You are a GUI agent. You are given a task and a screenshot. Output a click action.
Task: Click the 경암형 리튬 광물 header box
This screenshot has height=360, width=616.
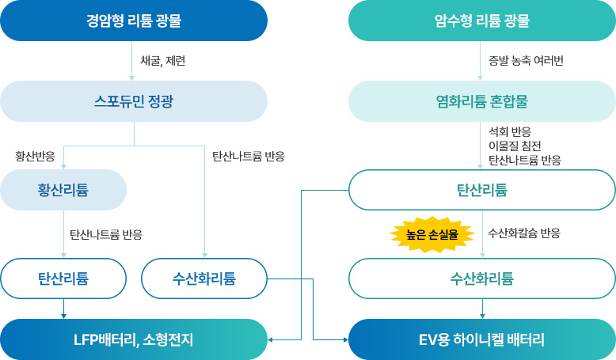pyautogui.click(x=134, y=21)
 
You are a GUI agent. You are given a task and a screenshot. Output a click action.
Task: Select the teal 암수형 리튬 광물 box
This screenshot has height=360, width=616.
pyautogui.click(x=481, y=21)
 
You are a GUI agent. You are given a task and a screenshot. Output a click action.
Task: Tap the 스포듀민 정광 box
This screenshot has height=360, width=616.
pyautogui.click(x=134, y=101)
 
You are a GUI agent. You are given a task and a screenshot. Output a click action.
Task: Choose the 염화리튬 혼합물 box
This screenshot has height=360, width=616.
pyautogui.click(x=481, y=101)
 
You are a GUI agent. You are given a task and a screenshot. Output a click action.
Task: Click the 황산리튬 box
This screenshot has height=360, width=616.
pyautogui.click(x=63, y=190)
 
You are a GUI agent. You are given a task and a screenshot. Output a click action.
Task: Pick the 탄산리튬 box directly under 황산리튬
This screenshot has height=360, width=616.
pyautogui.click(x=63, y=279)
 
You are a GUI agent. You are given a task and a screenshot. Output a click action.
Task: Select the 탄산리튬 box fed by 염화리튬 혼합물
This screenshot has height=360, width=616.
pyautogui.click(x=481, y=190)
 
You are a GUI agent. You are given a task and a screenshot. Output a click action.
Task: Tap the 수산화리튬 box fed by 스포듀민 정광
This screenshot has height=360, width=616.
pyautogui.click(x=204, y=279)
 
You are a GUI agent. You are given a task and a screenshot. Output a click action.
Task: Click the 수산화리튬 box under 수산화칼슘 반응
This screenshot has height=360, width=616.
pyautogui.click(x=481, y=279)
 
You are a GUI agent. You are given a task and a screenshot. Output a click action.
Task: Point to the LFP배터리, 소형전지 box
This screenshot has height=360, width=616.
pyautogui.click(x=134, y=339)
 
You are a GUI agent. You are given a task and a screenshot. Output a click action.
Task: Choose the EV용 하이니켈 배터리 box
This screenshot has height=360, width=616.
pyautogui.click(x=481, y=339)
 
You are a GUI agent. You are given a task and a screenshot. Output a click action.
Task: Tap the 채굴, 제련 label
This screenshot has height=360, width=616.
pyautogui.click(x=162, y=61)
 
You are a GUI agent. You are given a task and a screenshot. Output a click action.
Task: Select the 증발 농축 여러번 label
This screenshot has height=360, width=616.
pyautogui.click(x=526, y=61)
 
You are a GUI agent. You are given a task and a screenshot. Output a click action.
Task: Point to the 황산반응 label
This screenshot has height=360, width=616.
pyautogui.click(x=35, y=156)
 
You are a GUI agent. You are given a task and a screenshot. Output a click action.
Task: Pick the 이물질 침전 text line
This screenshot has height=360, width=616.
pyautogui.click(x=515, y=146)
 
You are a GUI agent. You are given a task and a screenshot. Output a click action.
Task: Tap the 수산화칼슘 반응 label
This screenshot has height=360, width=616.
pyautogui.click(x=524, y=233)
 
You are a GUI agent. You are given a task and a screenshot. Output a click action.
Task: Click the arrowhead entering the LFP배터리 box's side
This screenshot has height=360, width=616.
pyautogui.click(x=272, y=339)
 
